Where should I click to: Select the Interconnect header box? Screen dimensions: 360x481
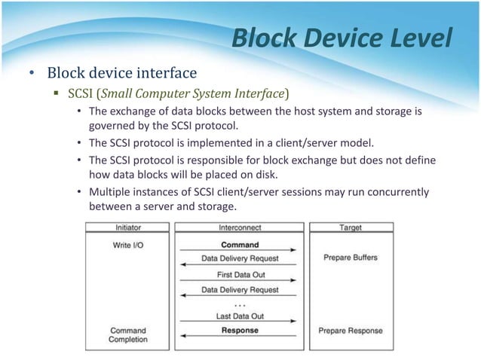[240, 227]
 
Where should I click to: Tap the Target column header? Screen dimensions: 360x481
[350, 227]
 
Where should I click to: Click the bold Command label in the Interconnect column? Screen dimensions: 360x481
[240, 244]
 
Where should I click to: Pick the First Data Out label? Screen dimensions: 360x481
[240, 275]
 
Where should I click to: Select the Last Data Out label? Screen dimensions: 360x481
[240, 317]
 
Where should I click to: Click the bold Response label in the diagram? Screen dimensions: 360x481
[240, 330]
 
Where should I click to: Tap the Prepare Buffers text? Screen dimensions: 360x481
[350, 258]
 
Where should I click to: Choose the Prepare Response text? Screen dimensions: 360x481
[350, 331]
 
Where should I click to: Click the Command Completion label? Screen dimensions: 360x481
[128, 335]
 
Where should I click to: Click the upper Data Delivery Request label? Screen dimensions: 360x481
[240, 258]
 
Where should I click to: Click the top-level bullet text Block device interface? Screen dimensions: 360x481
[121, 73]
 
